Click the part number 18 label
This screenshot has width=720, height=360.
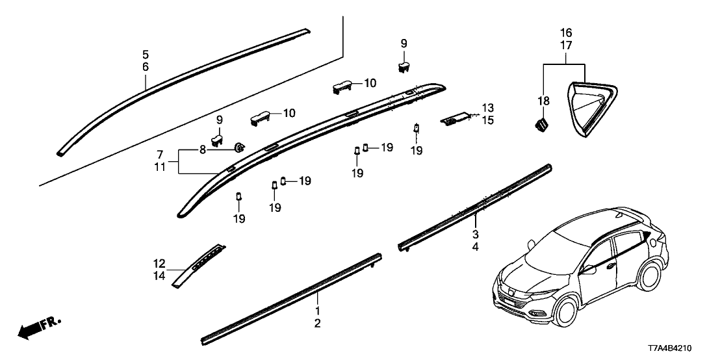click(543, 101)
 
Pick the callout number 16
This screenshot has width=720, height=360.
click(566, 32)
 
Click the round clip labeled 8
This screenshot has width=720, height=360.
click(239, 148)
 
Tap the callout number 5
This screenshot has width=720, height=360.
click(146, 54)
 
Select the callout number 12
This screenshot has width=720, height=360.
click(159, 264)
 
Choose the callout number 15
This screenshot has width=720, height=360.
click(488, 120)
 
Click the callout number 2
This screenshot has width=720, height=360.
click(318, 323)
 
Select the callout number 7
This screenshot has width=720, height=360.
click(159, 155)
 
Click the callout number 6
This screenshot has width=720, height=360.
click(146, 67)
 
